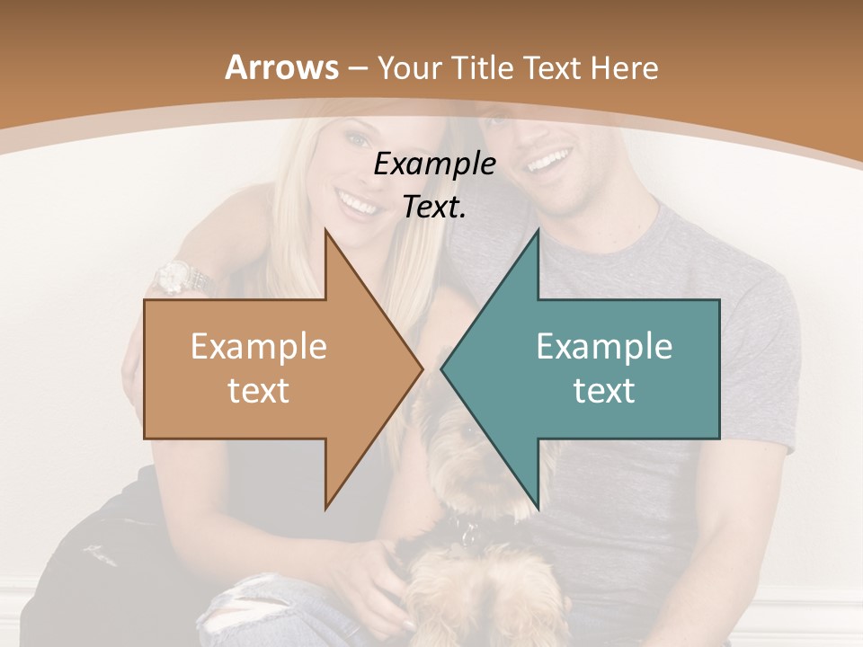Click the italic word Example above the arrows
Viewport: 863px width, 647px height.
tap(435, 164)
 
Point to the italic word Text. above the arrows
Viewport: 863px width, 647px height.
tap(435, 207)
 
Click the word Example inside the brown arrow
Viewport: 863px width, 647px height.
tap(259, 347)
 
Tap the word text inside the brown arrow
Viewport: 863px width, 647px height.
tap(259, 391)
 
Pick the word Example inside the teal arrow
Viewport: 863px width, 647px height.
tap(604, 347)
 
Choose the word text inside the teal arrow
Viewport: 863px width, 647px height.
tap(604, 391)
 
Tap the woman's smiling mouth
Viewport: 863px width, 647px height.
tap(357, 206)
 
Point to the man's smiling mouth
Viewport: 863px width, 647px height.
tap(548, 163)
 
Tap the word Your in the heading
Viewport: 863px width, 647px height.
tap(407, 68)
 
